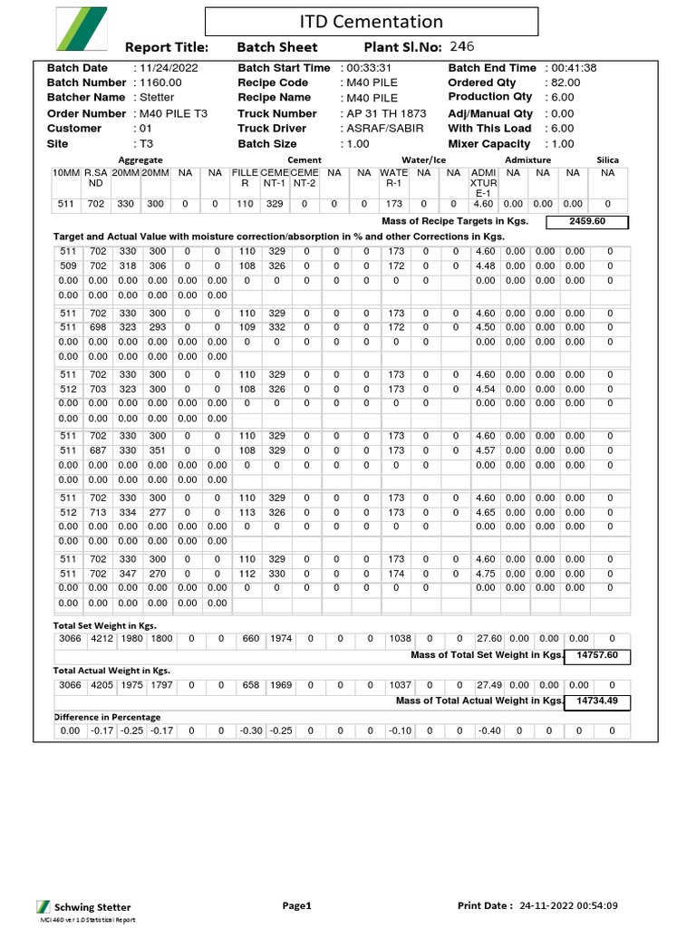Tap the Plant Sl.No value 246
tap(461, 47)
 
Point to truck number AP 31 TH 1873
tap(385, 113)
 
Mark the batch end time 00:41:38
tap(573, 68)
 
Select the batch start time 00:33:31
tap(368, 68)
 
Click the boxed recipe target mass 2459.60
tap(586, 221)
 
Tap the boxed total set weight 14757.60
tap(596, 655)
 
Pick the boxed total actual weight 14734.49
tap(596, 701)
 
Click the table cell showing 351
tap(157, 450)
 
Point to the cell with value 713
tap(97, 512)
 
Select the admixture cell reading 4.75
tap(486, 573)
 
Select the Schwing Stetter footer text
tap(92, 907)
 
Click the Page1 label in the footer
tap(296, 905)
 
